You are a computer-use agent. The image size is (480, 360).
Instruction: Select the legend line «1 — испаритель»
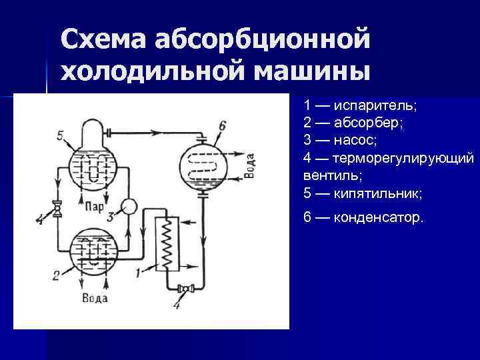[x=360, y=106]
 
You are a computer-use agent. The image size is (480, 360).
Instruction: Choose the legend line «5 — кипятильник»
[x=363, y=193]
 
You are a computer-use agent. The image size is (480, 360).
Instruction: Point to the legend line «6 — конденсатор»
[x=363, y=217]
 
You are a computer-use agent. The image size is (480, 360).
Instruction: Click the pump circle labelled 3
[x=129, y=206]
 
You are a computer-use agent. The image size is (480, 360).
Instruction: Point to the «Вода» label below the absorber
[x=95, y=297]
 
